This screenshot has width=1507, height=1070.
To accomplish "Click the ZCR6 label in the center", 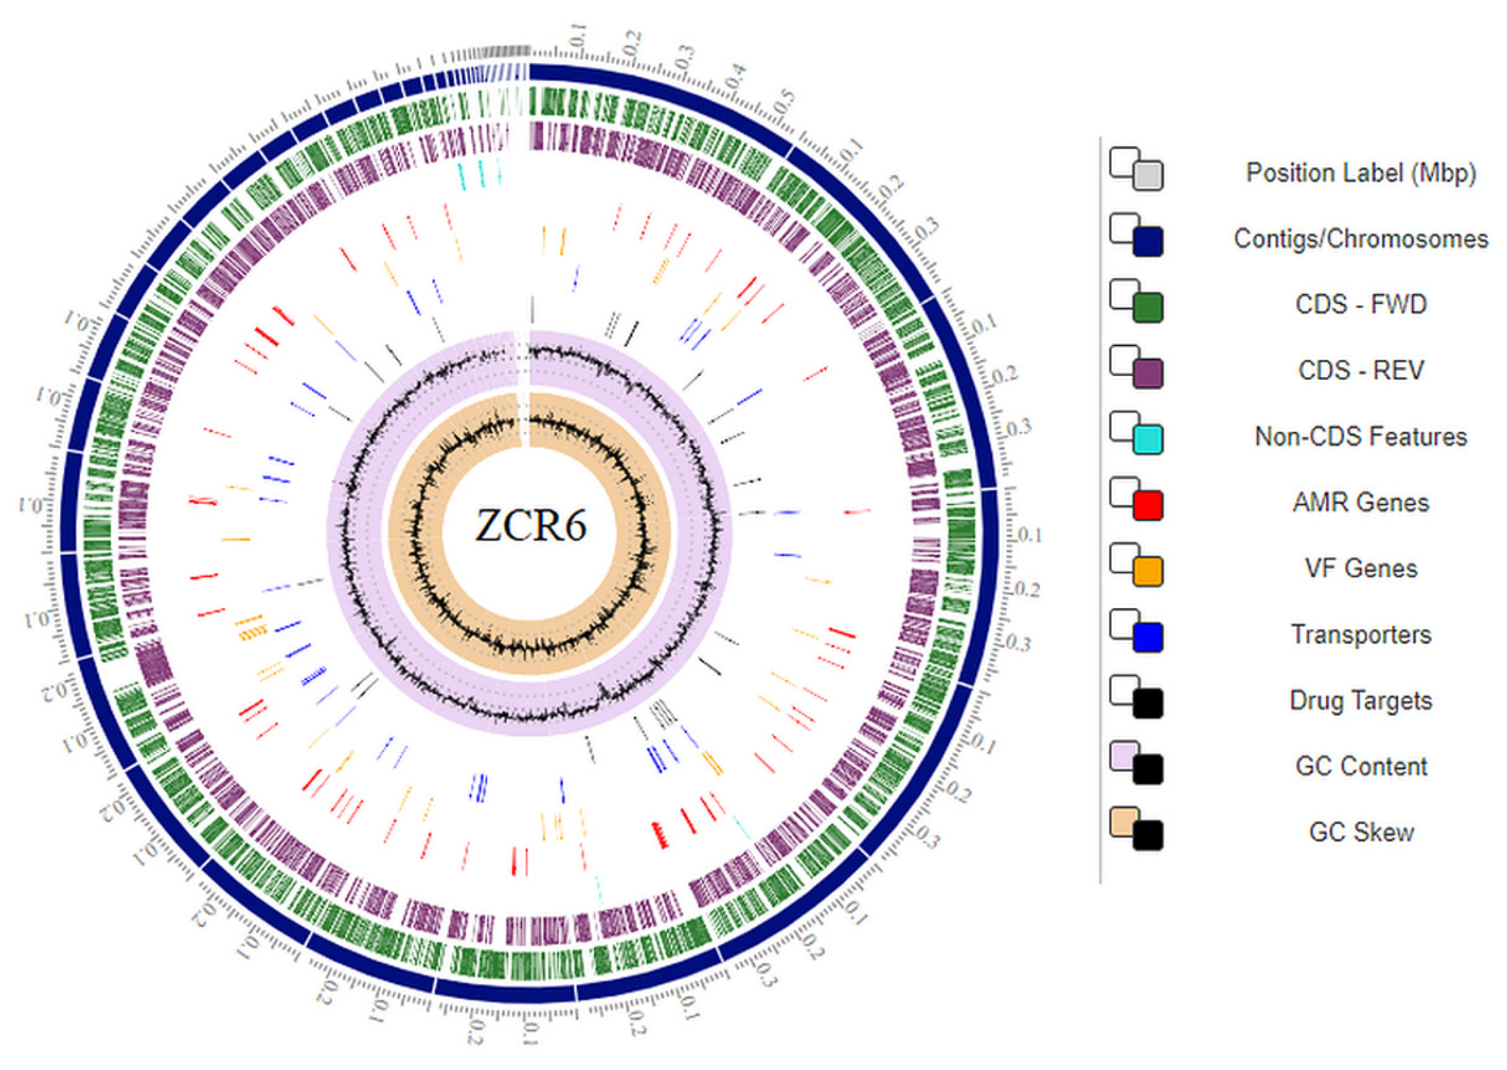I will tap(530, 525).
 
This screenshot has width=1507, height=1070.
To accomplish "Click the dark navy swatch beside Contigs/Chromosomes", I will tap(1147, 242).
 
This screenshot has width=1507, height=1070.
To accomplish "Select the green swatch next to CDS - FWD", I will tap(1147, 308).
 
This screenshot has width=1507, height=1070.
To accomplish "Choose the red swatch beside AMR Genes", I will tap(1147, 505).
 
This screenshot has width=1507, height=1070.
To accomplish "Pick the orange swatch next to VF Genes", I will tap(1147, 571).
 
